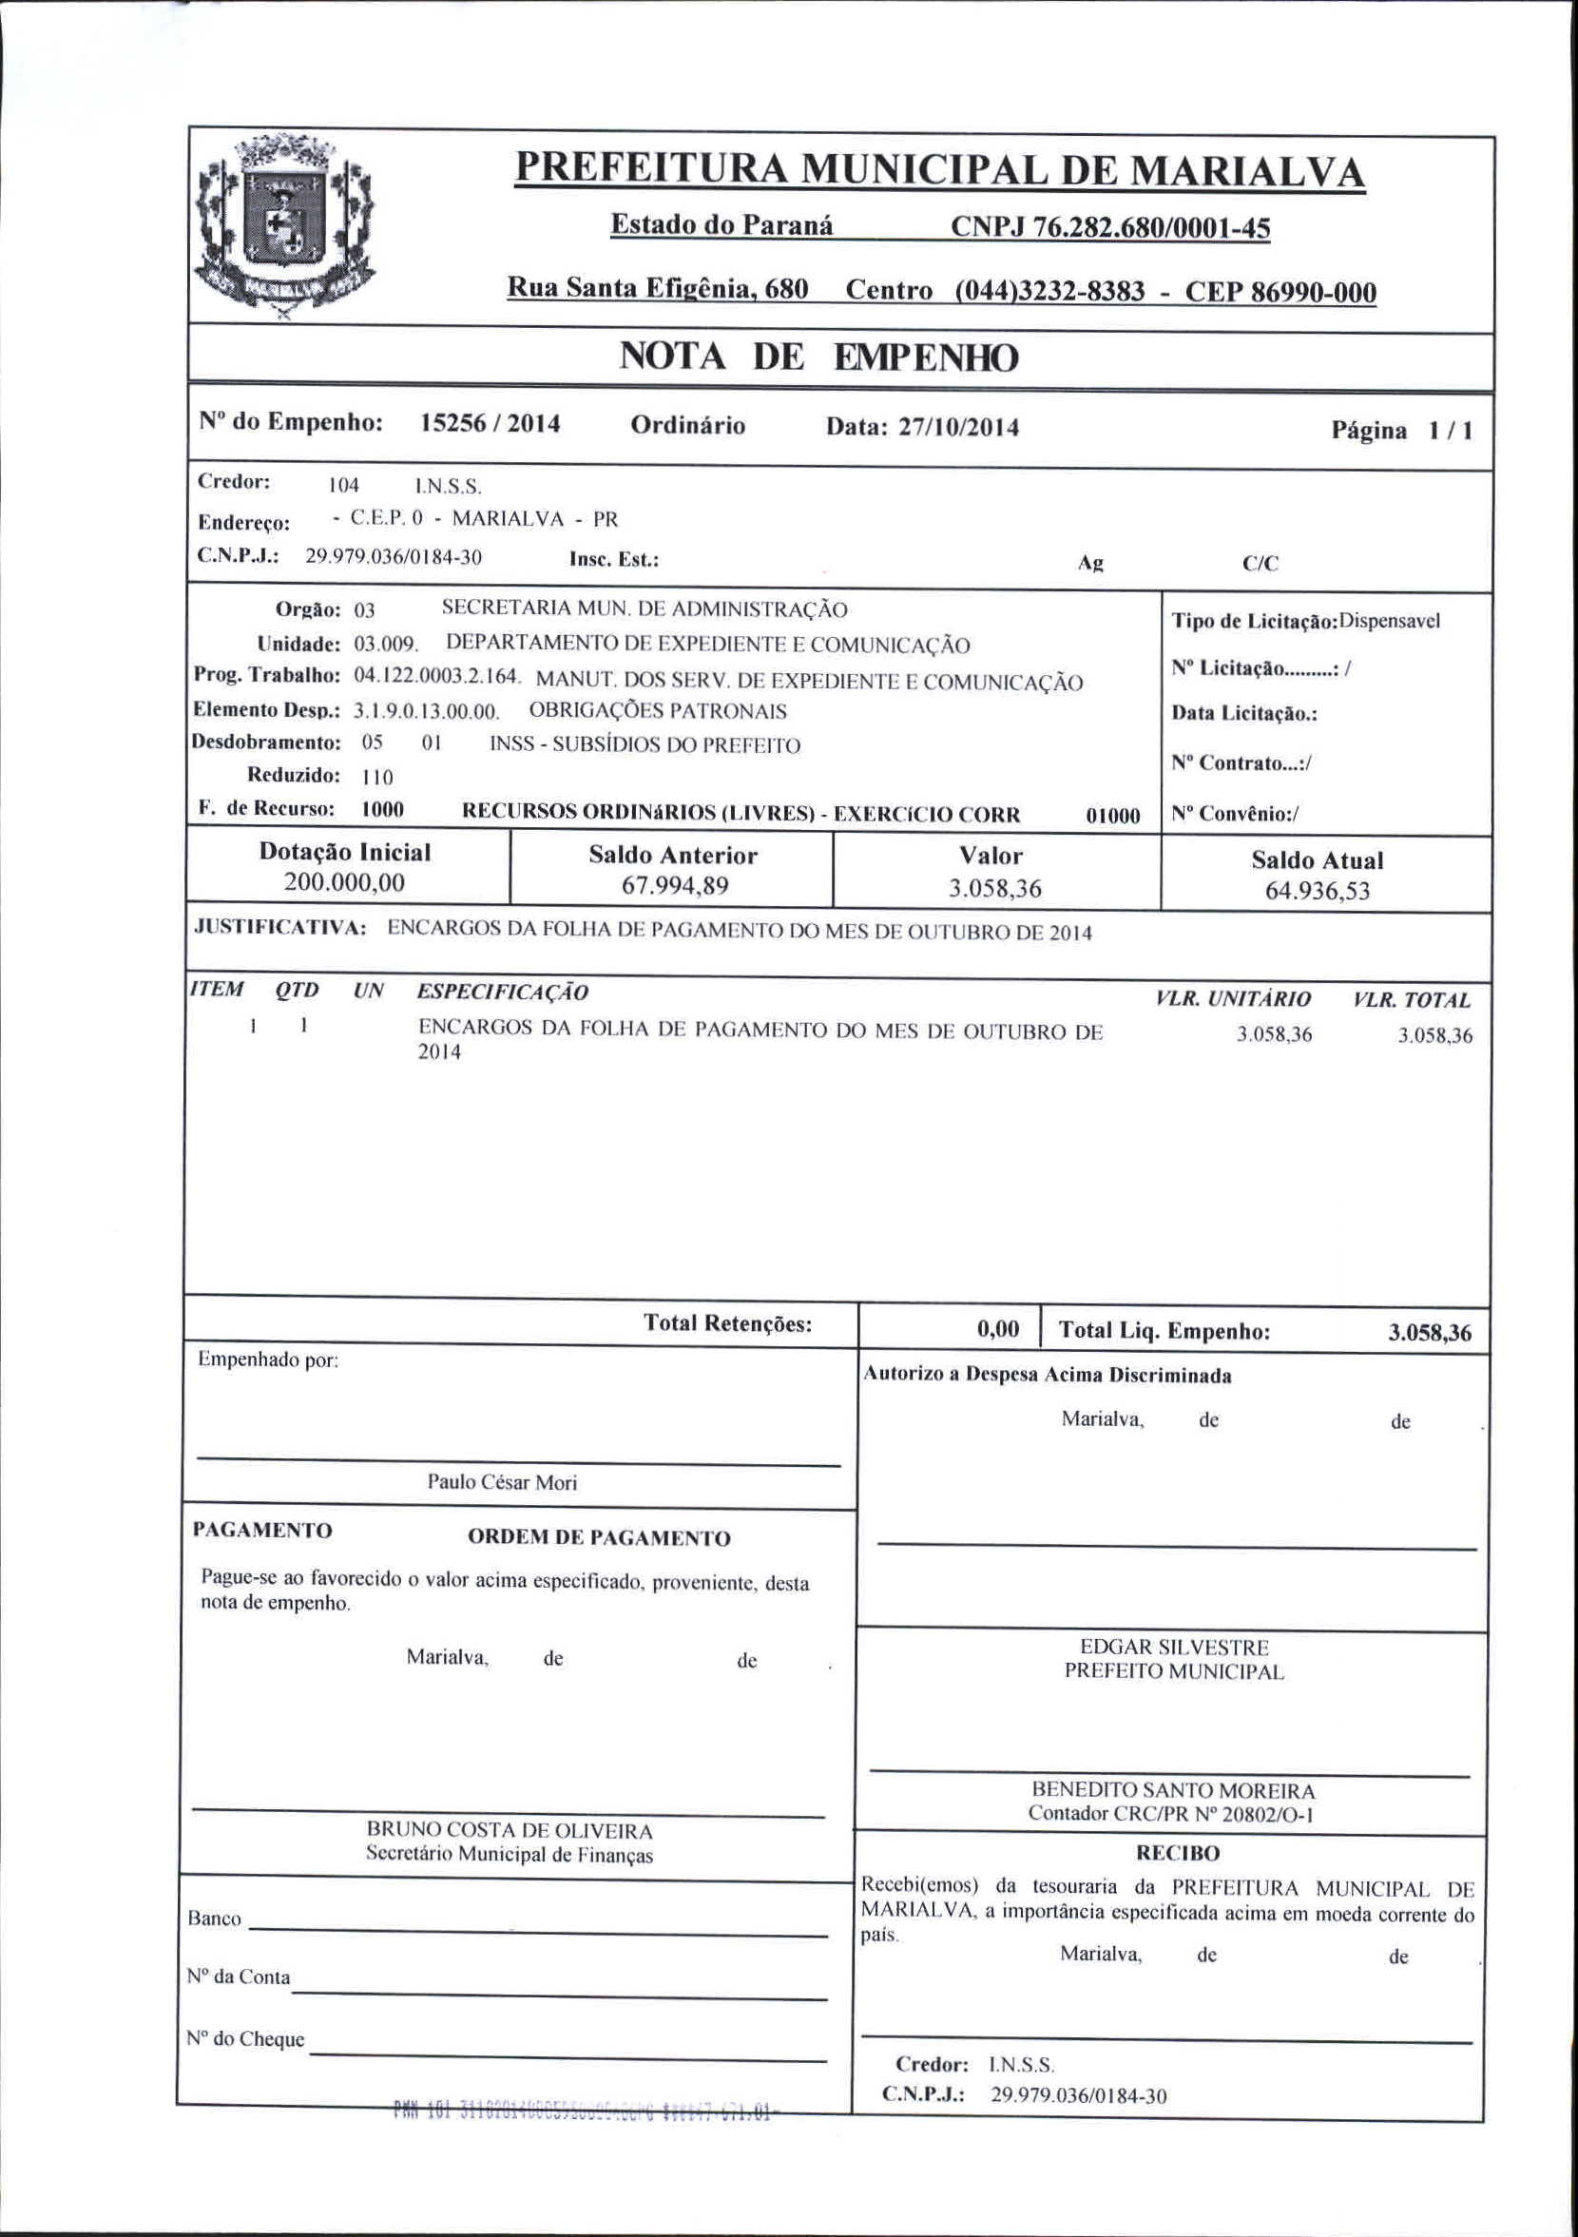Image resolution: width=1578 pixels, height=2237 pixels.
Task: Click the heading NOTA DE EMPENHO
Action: (819, 357)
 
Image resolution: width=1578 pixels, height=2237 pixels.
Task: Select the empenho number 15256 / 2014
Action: (490, 423)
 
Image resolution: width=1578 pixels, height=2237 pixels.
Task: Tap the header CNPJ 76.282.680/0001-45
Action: (1110, 228)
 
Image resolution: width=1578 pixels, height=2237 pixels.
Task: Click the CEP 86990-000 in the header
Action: (1280, 292)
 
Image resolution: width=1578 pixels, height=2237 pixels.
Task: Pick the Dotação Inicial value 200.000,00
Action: (344, 882)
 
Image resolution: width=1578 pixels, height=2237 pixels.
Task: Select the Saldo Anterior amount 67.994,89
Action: (674, 886)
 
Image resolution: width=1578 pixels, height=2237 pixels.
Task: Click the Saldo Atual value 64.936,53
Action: (1317, 891)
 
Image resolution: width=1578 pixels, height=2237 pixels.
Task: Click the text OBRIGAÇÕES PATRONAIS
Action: (658, 711)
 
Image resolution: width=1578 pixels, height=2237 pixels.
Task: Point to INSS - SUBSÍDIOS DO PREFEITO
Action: (645, 745)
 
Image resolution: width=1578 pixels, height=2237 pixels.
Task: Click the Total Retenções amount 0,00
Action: (997, 1329)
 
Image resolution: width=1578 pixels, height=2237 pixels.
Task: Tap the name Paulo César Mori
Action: (502, 1482)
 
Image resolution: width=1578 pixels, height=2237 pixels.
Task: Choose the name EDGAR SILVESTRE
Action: (1174, 1648)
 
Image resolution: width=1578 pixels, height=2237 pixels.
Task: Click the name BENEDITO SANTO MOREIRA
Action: (1173, 1790)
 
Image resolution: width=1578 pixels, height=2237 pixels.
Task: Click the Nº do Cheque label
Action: (245, 2038)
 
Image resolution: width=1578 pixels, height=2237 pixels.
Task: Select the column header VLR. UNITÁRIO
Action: (1232, 998)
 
